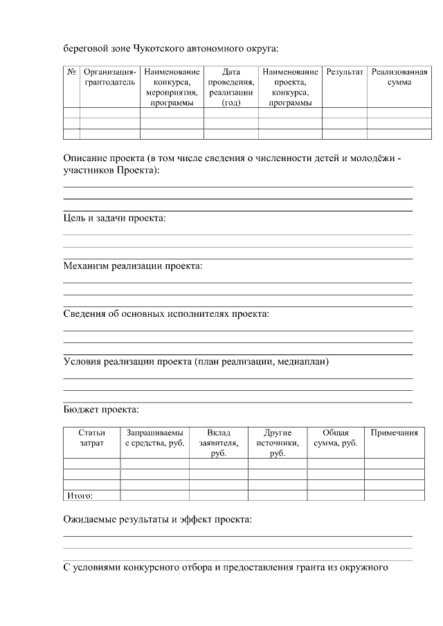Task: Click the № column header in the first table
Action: coord(71,72)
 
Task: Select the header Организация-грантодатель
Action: coord(109,77)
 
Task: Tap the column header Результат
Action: coord(344,72)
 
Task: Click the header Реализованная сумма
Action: coord(399,77)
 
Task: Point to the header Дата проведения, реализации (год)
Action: coord(230,87)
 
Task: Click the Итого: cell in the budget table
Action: coord(79,495)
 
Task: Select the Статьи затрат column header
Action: coord(91,438)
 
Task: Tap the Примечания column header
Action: coord(394,433)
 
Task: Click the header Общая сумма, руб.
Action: coord(336,438)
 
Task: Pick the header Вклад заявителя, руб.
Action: coord(218,443)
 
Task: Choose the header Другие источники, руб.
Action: coord(278,443)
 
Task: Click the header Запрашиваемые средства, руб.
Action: coord(154,438)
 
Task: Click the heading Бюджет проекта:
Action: coord(101,410)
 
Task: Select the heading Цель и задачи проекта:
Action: coord(115,219)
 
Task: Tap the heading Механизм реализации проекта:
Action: coord(132,266)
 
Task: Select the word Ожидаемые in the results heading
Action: coord(88,520)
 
